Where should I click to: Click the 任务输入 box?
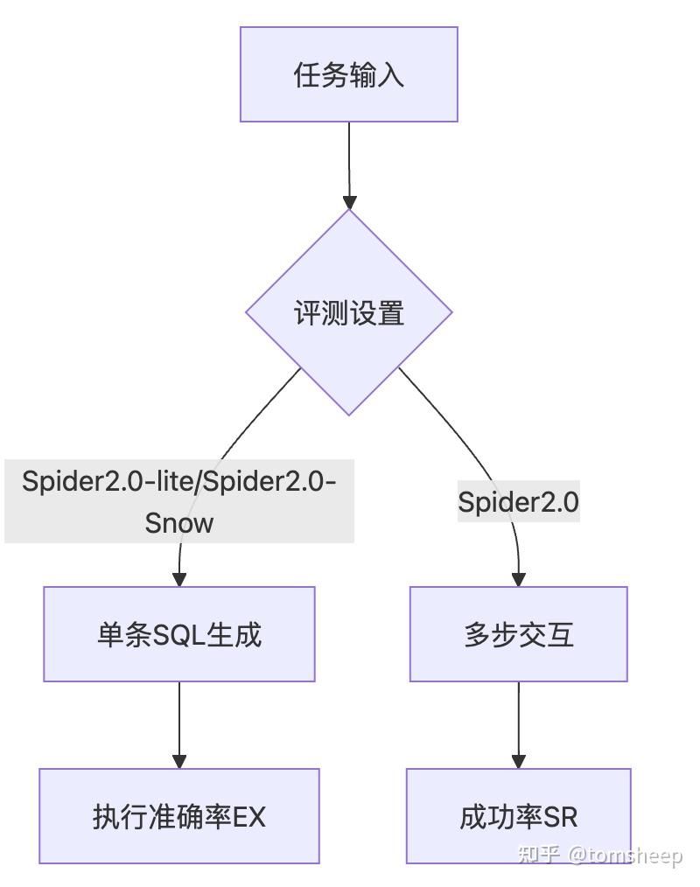click(348, 74)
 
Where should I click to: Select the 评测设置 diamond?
click(348, 312)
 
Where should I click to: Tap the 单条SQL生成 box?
click(179, 634)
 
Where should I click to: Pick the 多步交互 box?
click(518, 634)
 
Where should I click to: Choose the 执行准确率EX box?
click(179, 816)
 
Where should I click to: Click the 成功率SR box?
click(518, 816)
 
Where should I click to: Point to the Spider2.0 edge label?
click(518, 502)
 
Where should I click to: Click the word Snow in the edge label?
click(179, 523)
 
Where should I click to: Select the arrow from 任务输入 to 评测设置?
click(348, 162)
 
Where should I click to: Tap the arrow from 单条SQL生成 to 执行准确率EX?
click(179, 722)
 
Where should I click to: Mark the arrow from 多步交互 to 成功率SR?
click(518, 722)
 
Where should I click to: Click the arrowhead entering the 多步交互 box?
click(518, 578)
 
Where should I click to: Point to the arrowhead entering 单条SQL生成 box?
click(179, 578)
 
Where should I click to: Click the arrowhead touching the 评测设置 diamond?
click(349, 202)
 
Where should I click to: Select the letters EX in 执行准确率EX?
click(248, 816)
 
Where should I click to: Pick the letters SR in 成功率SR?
click(561, 816)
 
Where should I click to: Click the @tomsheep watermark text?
click(625, 855)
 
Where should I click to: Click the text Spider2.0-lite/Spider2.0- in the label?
click(179, 481)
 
